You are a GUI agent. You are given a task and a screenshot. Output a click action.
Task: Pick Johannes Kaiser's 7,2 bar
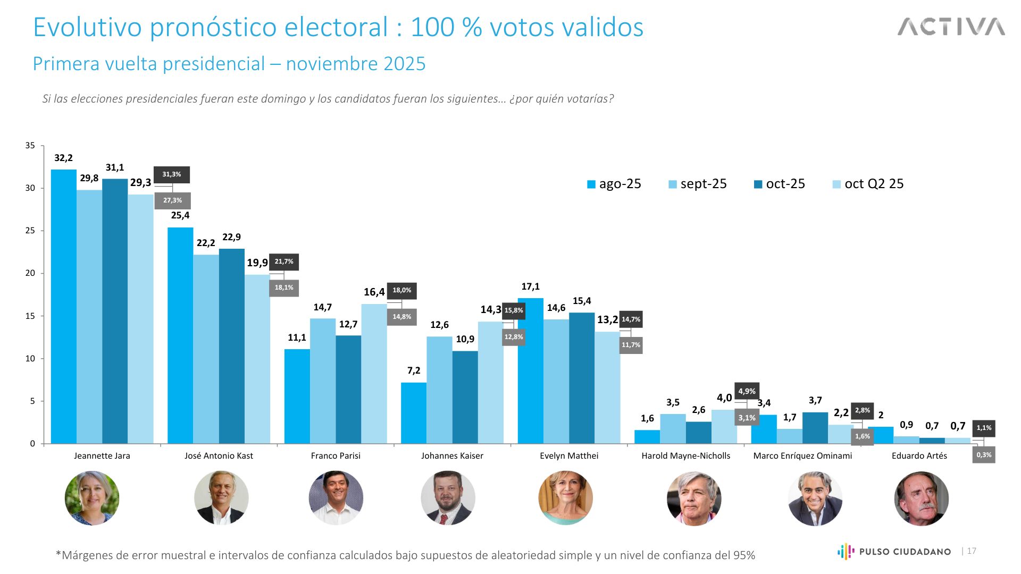pos(414,413)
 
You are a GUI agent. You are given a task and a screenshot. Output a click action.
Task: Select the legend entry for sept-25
pos(697,184)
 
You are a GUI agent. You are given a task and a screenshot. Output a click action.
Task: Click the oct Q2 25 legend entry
pos(868,184)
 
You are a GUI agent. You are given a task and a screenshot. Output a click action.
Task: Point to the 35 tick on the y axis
pos(30,146)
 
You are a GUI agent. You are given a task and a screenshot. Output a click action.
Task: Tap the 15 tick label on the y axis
pos(30,316)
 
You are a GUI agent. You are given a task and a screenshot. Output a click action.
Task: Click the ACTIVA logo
pos(951,27)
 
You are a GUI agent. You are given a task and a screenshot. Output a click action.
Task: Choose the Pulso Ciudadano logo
pos(894,552)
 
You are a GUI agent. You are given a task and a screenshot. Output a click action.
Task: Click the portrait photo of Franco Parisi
pos(336,498)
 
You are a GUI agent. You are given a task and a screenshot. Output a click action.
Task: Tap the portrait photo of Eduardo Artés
pos(921,499)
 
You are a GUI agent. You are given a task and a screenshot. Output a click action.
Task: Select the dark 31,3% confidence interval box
pos(172,174)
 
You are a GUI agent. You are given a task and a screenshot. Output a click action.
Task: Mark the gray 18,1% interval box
pos(284,288)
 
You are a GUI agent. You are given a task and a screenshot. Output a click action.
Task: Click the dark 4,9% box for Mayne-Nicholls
pos(747,391)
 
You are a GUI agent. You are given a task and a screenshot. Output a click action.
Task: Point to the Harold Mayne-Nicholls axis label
pos(685,456)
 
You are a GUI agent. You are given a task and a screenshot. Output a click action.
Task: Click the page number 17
pos(972,551)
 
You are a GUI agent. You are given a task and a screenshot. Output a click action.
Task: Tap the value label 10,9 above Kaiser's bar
pos(465,339)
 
